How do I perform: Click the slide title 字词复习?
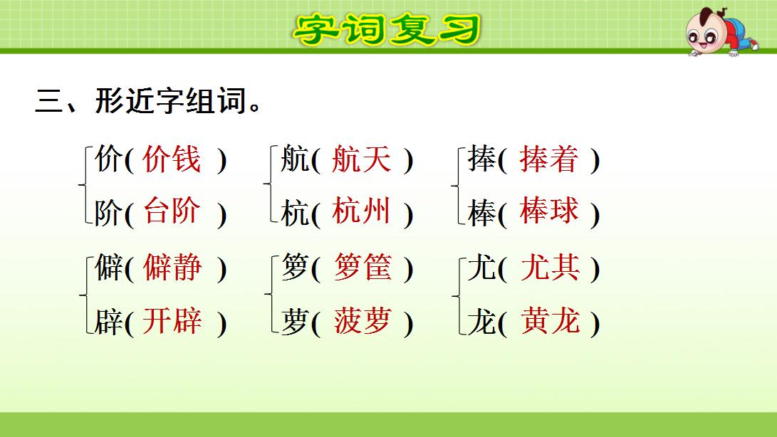387,28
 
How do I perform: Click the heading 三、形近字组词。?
147,102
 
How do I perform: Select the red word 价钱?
172,159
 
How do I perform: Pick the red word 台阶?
172,212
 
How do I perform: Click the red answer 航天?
361,159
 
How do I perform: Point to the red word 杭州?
361,212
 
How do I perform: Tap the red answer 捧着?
549,159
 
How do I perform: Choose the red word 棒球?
549,212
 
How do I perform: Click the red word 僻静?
172,268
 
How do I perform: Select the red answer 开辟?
172,322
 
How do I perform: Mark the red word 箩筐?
363,268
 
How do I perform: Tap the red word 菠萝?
363,322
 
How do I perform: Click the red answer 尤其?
550,268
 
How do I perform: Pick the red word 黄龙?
550,322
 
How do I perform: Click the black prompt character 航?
295,160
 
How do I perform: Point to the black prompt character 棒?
481,213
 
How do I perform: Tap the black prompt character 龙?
481,322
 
